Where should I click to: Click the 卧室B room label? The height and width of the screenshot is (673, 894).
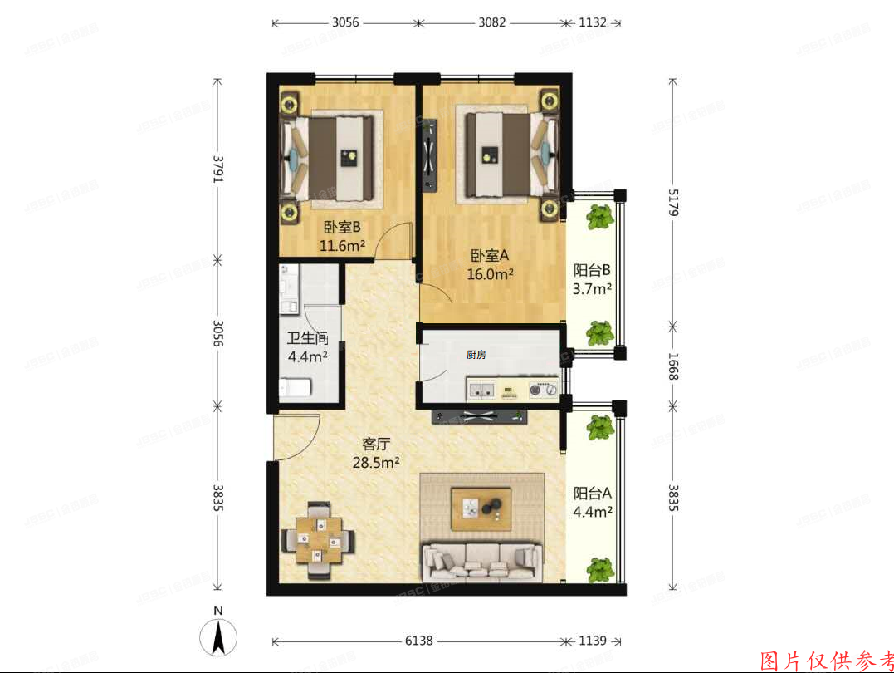click(342, 227)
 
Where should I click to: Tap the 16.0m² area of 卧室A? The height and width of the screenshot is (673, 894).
click(491, 273)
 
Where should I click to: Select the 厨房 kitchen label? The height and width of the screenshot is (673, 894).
click(476, 355)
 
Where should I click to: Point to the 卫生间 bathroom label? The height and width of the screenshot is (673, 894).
click(307, 339)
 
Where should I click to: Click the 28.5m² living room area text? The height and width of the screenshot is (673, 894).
click(377, 462)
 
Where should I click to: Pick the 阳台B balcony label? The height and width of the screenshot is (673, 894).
click(593, 270)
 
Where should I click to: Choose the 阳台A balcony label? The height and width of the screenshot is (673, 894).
click(593, 493)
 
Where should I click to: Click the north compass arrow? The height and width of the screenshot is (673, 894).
click(218, 637)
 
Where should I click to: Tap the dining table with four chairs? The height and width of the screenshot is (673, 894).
click(320, 540)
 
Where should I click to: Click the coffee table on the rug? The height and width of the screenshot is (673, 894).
click(481, 508)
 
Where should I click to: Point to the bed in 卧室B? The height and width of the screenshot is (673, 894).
click(332, 157)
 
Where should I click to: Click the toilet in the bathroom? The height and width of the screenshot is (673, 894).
click(296, 388)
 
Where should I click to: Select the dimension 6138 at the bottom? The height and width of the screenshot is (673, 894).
click(418, 641)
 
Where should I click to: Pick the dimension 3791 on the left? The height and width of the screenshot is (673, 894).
click(217, 169)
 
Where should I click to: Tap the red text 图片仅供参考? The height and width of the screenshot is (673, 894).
click(826, 661)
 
